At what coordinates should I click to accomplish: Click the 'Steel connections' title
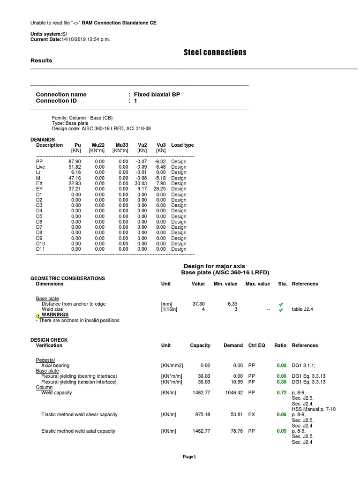tap(215, 52)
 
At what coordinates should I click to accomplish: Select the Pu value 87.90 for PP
tap(75, 161)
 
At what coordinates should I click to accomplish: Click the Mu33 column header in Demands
tap(121, 145)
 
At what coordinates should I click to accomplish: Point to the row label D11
tap(41, 249)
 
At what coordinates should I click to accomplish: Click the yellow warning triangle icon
tap(38, 315)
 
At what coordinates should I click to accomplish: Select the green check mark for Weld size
tap(281, 310)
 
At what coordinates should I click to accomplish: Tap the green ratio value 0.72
tap(281, 393)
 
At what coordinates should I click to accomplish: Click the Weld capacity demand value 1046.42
tap(233, 393)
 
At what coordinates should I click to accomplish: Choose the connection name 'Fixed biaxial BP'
tap(157, 95)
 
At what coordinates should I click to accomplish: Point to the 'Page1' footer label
tap(189, 457)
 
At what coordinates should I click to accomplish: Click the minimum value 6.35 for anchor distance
tap(232, 304)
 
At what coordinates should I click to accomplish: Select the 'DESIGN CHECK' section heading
tap(49, 340)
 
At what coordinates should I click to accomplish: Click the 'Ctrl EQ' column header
tap(256, 345)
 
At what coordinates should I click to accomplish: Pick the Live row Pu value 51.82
tap(75, 167)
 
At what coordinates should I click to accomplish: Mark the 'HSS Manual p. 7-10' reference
tap(314, 409)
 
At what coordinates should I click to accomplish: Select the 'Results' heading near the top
tap(41, 61)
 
